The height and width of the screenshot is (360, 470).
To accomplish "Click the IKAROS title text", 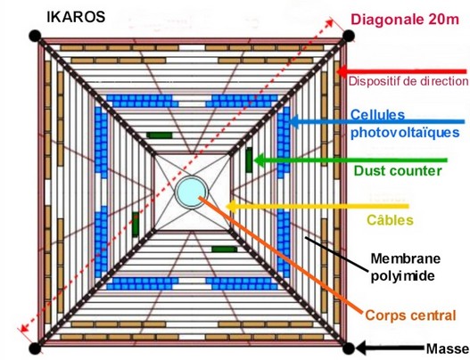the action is [76, 17].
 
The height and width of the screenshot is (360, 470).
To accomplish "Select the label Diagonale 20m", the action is [405, 20].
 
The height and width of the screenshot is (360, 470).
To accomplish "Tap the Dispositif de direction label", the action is [408, 81].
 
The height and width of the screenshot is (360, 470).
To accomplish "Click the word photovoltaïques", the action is [405, 133].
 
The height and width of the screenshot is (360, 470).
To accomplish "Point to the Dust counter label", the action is [398, 171].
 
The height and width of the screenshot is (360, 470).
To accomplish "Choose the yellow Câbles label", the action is [390, 220].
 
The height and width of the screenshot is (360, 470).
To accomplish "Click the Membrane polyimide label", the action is [405, 266].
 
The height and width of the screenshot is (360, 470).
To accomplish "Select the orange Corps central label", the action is [410, 315].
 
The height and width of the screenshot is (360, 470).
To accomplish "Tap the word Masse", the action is [448, 348].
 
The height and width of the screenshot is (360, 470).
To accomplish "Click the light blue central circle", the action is [191, 192].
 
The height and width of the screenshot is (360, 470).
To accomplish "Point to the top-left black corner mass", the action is [35, 36].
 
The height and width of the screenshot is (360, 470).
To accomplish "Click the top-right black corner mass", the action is [349, 36].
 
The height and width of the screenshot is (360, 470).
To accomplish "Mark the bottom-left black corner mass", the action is [35, 348].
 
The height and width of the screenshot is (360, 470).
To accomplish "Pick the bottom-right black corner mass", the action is [349, 348].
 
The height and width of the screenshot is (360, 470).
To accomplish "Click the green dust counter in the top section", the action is [160, 135].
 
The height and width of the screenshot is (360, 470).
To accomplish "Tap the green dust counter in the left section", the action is [136, 224].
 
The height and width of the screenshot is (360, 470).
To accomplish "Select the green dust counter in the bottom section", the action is [224, 249].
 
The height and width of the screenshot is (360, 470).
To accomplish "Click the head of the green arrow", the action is [259, 160].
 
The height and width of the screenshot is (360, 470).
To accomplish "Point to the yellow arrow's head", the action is [230, 207].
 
